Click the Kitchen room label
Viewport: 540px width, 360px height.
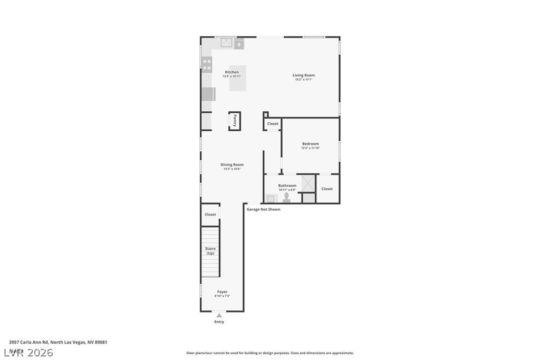[232, 72]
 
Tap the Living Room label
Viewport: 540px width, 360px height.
[303, 75]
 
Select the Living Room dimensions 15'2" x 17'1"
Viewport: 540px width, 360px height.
[303, 80]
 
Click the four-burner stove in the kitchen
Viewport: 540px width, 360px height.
[207, 64]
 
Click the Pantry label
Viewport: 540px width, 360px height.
[235, 121]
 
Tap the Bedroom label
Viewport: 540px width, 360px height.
[310, 144]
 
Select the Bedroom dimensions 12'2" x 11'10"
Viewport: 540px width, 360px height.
[310, 148]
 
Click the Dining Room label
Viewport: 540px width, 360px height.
[232, 164]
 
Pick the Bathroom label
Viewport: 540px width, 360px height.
[287, 186]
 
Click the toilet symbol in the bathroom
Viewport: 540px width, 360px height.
[286, 198]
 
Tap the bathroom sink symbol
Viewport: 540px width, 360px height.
[271, 199]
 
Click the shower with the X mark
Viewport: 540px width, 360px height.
[308, 182]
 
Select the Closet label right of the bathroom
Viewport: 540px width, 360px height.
[327, 189]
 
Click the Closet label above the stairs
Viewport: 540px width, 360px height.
[210, 215]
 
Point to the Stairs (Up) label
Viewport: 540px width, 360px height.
[210, 250]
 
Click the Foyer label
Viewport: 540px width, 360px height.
[222, 291]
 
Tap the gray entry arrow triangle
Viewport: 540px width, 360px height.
[219, 315]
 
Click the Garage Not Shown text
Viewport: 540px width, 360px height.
[263, 209]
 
